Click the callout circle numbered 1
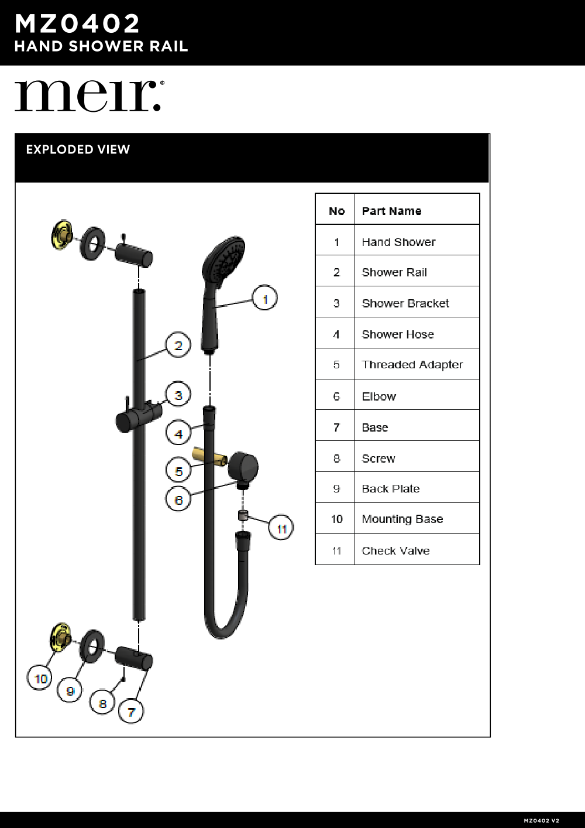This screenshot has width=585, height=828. point(264,299)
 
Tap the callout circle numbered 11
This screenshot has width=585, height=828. point(281,529)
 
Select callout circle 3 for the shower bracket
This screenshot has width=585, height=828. point(178,395)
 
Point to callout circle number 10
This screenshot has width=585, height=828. point(40,679)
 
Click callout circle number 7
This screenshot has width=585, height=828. point(131,712)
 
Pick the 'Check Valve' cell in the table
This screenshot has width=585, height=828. point(395,550)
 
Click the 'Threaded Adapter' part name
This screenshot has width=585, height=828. point(412,364)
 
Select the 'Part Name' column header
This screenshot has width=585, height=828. point(391,211)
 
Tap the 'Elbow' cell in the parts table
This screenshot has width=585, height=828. point(378,396)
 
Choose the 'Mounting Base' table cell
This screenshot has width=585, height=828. point(402,519)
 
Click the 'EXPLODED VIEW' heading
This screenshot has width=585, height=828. point(78,149)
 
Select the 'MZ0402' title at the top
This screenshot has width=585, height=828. point(77,24)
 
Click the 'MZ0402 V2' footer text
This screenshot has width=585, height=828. point(541,820)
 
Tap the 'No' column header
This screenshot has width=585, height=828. point(336,211)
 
